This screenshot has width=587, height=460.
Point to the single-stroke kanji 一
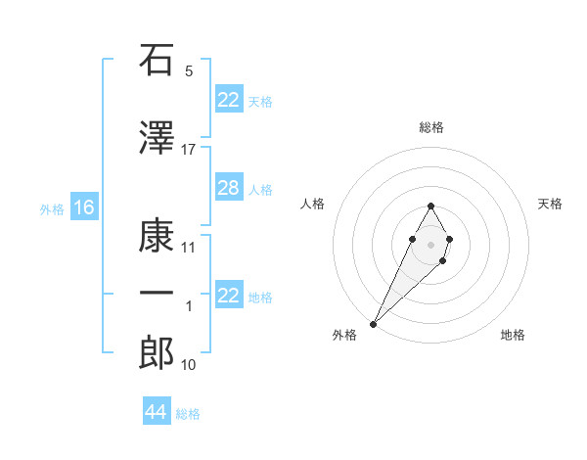coord(157,294)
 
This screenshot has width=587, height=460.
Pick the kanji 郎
coord(157,352)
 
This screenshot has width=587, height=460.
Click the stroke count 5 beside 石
coord(189,71)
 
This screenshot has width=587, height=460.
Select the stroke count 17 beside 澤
coord(189,149)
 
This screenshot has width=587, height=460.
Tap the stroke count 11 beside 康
coord(189,247)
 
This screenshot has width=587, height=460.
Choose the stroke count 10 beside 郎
coord(189,364)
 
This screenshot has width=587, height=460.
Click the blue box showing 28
coord(228,188)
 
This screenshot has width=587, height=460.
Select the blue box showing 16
coord(83,207)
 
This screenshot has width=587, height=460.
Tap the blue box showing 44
coord(157,412)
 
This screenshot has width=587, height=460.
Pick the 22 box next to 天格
coord(228,100)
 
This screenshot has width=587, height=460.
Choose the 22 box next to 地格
coord(228,296)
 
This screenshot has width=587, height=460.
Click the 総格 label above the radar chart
coord(431,127)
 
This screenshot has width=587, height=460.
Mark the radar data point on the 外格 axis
coord(373,323)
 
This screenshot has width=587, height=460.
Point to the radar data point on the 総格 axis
coord(431,206)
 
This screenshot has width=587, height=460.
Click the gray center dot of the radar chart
coord(431,243)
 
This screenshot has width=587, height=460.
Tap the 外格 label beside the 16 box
coord(52,208)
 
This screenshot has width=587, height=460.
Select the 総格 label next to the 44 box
coord(188,414)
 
